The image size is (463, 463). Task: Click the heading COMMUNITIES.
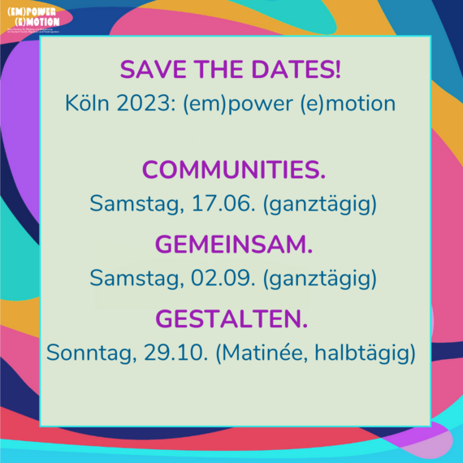[234, 171]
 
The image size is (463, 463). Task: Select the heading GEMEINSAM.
[234, 245]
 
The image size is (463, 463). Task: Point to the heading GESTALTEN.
[234, 319]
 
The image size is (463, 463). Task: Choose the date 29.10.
[183, 353]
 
